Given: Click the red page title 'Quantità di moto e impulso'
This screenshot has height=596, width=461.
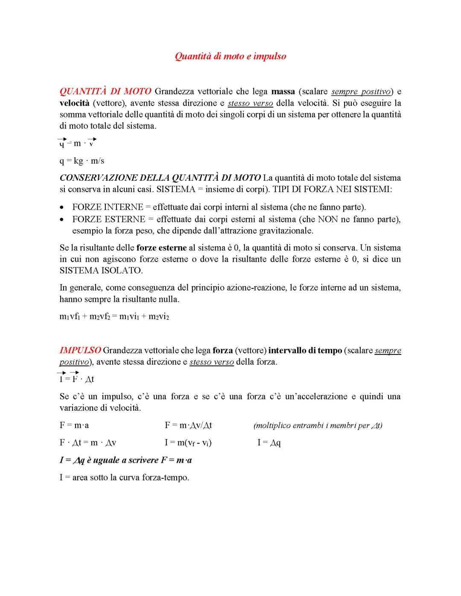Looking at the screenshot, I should tap(230, 56).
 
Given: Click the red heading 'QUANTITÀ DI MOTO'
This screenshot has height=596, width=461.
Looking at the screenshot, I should tap(105, 91).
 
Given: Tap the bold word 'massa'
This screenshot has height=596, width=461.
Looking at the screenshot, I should tap(283, 91).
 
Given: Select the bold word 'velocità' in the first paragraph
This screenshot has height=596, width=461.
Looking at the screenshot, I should tap(74, 103).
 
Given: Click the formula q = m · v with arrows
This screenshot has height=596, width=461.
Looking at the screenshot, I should tap(77, 143).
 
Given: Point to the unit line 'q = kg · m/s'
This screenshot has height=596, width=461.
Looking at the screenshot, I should tap(82, 161).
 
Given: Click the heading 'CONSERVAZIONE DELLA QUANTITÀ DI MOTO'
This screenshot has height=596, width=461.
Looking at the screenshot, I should tap(160, 177).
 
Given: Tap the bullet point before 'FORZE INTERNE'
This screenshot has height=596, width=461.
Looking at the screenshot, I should tap(63, 208).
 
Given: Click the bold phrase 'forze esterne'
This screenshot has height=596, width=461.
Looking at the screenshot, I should tap(161, 247).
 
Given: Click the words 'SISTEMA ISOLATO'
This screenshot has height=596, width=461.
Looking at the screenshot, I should tap(100, 270).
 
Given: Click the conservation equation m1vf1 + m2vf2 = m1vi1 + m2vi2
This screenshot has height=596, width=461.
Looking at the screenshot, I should tap(114, 317).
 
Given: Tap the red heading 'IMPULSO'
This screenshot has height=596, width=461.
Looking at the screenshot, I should tap(80, 351).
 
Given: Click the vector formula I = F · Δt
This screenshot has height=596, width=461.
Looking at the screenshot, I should tap(77, 379).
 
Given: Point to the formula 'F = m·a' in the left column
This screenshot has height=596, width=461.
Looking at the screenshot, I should tap(74, 425).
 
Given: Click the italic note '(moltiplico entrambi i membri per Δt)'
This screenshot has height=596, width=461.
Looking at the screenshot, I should tap(318, 425).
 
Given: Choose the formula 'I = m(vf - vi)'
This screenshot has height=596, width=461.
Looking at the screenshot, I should tap(188, 443).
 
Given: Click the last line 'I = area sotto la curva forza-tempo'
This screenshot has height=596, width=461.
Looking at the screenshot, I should tap(124, 477).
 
